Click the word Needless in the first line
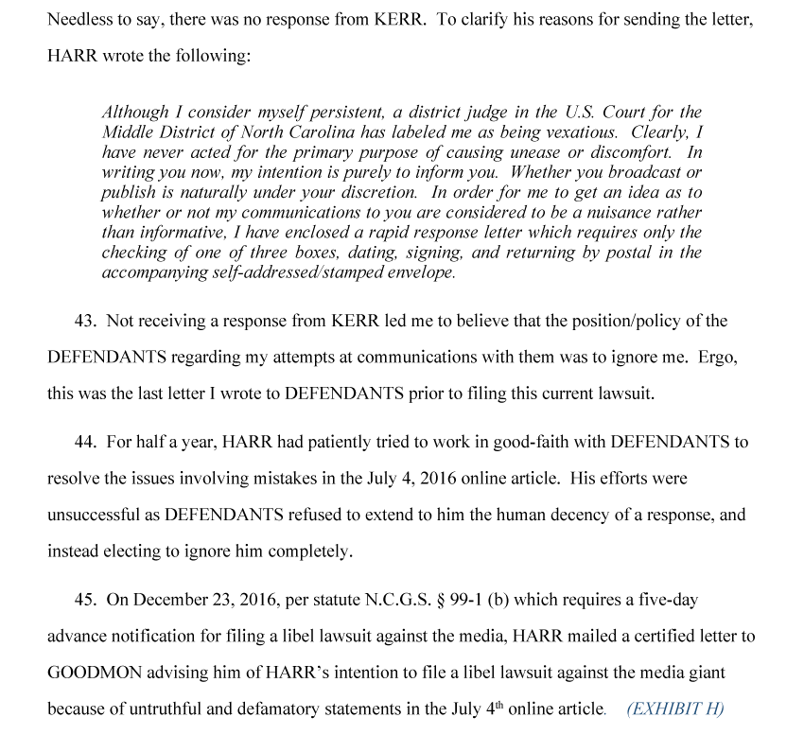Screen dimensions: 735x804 point(79,19)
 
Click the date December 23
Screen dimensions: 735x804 point(177,600)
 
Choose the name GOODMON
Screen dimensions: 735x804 point(88,672)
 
